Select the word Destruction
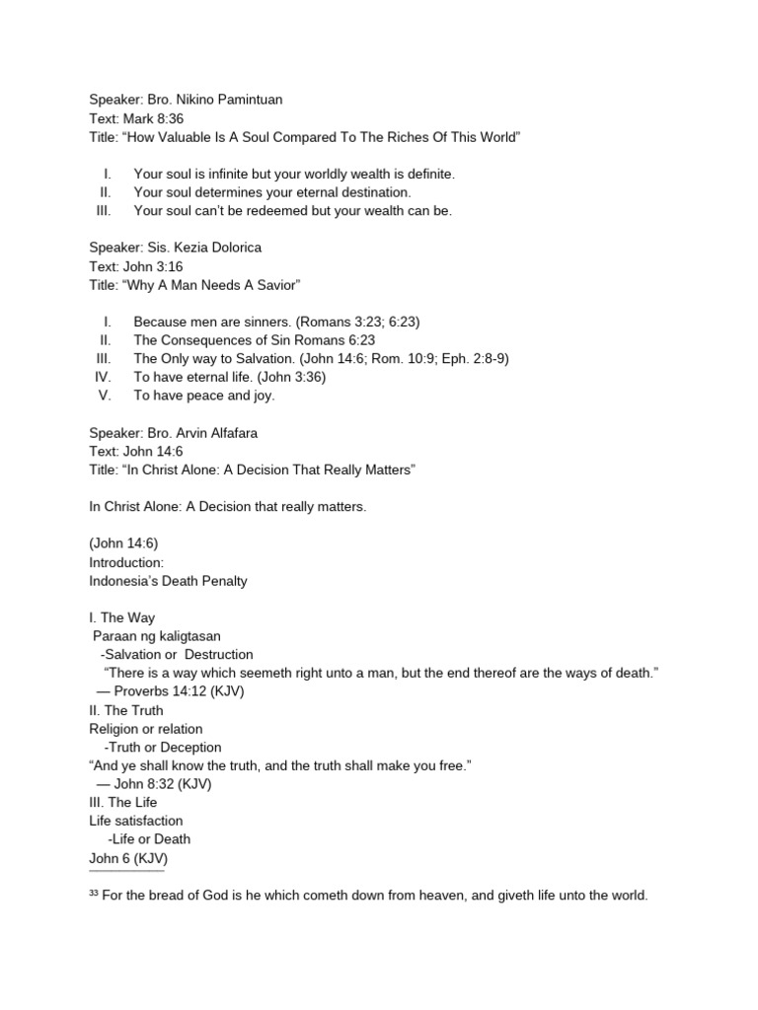218,654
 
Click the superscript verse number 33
95,894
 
